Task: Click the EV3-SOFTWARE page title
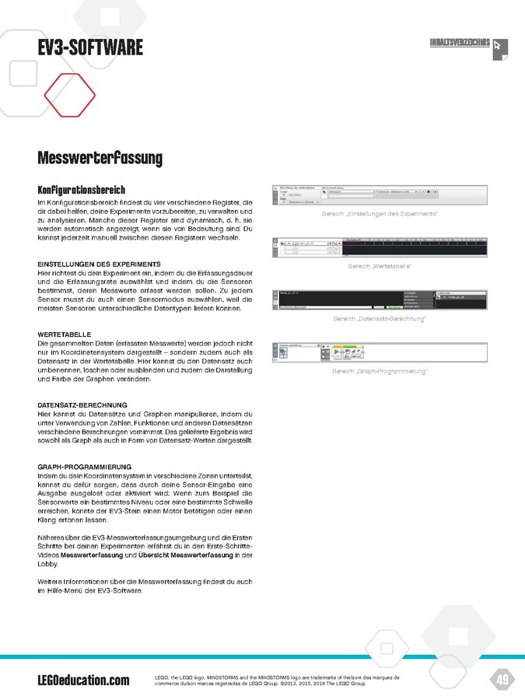(x=90, y=48)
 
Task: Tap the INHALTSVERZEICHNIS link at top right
(x=460, y=42)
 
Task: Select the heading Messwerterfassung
(x=100, y=159)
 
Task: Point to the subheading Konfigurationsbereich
(x=81, y=191)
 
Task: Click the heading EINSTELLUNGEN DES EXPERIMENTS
(x=99, y=264)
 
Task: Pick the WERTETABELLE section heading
(x=65, y=334)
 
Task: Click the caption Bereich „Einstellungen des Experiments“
(x=380, y=214)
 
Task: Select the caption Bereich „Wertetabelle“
(x=380, y=266)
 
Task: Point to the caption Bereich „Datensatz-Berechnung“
(x=380, y=319)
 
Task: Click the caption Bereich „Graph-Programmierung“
(x=380, y=371)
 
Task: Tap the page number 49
(x=502, y=680)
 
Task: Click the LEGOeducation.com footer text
(x=83, y=681)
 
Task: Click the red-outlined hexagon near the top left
(x=70, y=95)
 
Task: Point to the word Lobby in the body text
(x=48, y=565)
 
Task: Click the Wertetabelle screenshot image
(x=380, y=247)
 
